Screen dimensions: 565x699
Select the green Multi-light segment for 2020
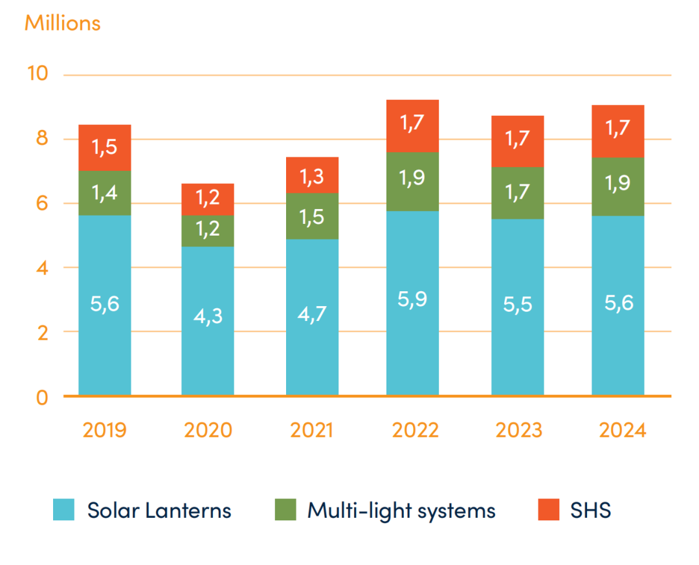[x=207, y=231]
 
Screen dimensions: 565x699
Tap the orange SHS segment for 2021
[x=312, y=175]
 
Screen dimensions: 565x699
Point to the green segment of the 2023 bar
[x=517, y=193]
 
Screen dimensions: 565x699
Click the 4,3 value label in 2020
[x=207, y=318]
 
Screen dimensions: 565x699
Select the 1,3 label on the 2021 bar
[x=312, y=175]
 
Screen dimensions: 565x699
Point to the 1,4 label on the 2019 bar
[x=104, y=192]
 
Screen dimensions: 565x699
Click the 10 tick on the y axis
[x=38, y=74]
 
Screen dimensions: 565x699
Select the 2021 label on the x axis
[x=312, y=430]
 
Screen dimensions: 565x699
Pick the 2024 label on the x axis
[x=622, y=430]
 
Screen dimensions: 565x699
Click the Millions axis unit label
[x=62, y=23]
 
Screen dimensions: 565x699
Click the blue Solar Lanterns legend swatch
[x=64, y=510]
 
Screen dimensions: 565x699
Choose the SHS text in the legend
[x=590, y=511]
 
